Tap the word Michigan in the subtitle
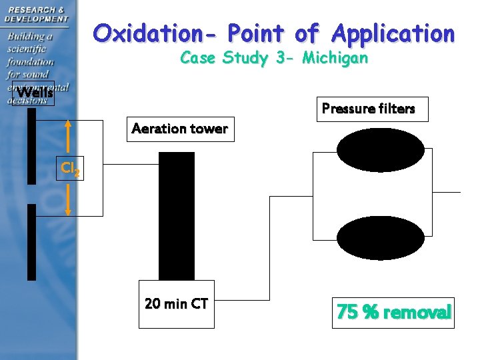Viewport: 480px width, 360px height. pos(335,58)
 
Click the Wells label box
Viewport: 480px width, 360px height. pos(33,93)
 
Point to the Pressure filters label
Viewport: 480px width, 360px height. pos(369,109)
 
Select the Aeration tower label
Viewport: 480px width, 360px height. pos(180,129)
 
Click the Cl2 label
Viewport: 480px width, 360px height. pos(71,169)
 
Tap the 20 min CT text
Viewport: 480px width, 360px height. pos(177,305)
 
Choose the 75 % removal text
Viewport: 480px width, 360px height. pos(394,312)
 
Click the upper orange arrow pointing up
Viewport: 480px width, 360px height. pos(69,139)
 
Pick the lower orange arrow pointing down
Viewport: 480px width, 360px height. pos(69,199)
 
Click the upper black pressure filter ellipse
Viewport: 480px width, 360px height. pos(380,149)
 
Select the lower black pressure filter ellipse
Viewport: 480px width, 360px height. pos(380,238)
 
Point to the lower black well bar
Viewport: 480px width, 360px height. pos(31,241)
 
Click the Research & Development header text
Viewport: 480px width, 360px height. pos(37,14)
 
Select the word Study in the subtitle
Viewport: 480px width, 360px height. pos(245,58)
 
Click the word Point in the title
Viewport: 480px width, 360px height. pos(256,33)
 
